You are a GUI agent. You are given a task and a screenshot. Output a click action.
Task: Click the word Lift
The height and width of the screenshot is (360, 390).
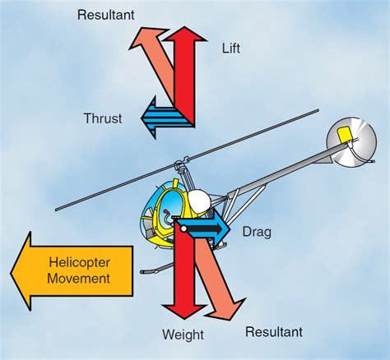point(231,48)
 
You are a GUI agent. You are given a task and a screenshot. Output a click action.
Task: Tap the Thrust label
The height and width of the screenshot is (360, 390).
point(103,118)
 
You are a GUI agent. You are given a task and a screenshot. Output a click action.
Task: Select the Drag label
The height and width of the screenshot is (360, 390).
point(257,233)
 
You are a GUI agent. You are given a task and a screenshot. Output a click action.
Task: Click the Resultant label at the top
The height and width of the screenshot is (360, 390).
point(104,14)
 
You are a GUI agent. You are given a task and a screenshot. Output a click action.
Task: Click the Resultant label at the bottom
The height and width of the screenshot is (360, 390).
point(274,332)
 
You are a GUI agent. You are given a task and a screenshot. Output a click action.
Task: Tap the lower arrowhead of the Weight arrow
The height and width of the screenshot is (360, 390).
point(184,310)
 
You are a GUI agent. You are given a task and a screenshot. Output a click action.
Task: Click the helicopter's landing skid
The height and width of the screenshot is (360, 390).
point(165,268)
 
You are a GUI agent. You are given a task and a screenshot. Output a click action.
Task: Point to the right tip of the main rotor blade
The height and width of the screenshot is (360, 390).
point(317,111)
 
